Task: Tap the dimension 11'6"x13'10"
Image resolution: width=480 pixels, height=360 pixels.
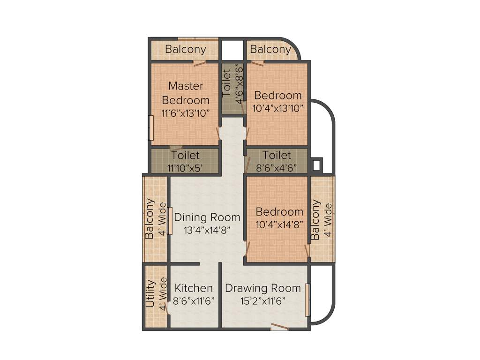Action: pyautogui.click(x=185, y=113)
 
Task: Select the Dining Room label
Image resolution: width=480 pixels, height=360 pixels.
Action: pyautogui.click(x=207, y=217)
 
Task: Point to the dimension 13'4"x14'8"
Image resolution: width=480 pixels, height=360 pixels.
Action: pyautogui.click(x=207, y=230)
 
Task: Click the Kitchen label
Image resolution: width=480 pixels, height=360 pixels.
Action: pyautogui.click(x=194, y=288)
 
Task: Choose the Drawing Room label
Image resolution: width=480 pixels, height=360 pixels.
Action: pyautogui.click(x=262, y=288)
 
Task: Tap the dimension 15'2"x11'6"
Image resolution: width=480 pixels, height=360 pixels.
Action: pyautogui.click(x=262, y=301)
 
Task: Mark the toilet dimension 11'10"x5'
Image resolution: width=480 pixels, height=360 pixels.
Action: pyautogui.click(x=185, y=168)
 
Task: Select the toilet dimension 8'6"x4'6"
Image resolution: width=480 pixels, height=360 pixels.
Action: pyautogui.click(x=277, y=168)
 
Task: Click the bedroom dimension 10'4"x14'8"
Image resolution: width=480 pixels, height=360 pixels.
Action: pyautogui.click(x=279, y=225)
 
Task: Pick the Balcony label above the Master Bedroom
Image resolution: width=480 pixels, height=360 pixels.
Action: pyautogui.click(x=185, y=49)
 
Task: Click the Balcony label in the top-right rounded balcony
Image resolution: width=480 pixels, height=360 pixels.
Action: pyautogui.click(x=270, y=49)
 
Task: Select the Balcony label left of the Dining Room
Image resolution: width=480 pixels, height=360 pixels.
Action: pyautogui.click(x=150, y=219)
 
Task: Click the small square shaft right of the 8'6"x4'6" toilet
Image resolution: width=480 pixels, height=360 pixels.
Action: pyautogui.click(x=316, y=165)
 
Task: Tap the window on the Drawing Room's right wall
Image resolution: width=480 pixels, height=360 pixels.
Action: pyautogui.click(x=307, y=300)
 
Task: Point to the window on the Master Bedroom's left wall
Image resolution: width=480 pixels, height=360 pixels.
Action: pyautogui.click(x=151, y=127)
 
